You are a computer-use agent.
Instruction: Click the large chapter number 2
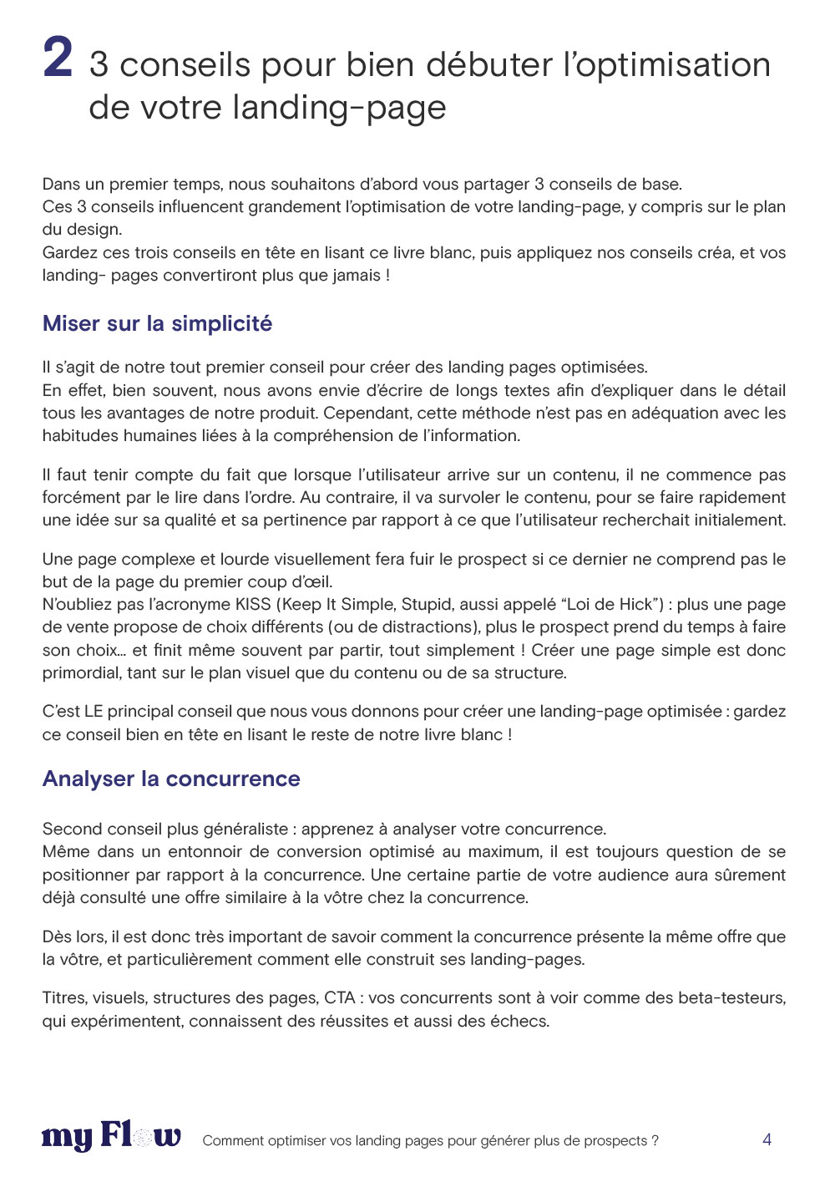58,58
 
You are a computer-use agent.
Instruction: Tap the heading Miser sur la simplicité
157,323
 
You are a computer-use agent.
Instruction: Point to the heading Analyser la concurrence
171,779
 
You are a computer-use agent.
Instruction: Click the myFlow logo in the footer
111,1137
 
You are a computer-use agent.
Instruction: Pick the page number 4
767,1139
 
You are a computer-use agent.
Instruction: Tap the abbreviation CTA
340,997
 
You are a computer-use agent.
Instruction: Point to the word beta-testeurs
731,997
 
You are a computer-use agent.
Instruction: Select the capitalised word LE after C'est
94,711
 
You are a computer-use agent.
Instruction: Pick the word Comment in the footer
233,1140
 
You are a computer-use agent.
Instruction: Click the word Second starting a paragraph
72,829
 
